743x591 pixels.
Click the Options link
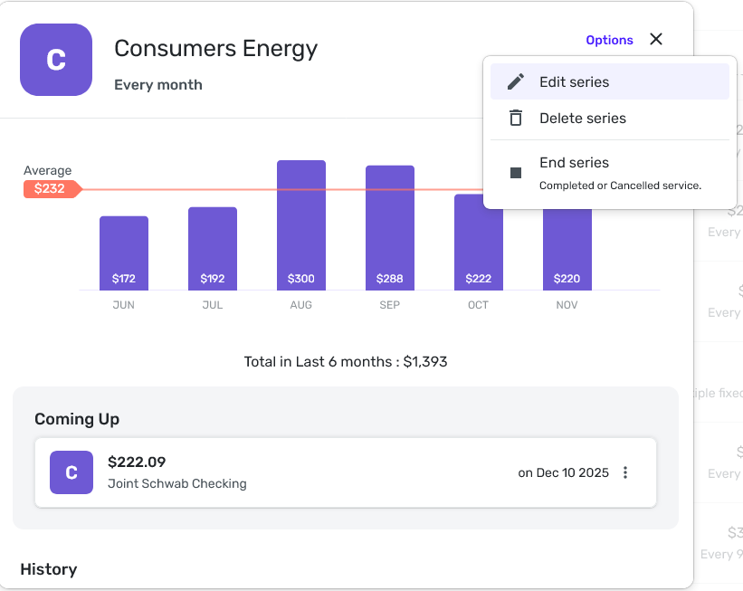[609, 40]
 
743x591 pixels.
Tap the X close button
[656, 39]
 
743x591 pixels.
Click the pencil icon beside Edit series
[516, 81]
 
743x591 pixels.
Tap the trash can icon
[516, 118]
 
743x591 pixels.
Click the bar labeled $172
[124, 253]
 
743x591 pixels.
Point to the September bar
[390, 227]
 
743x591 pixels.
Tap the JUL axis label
[213, 305]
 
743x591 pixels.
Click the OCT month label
[479, 305]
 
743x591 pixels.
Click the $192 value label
[213, 279]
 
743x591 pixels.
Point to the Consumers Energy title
[215, 48]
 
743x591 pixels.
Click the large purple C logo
[56, 60]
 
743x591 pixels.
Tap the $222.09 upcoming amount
[137, 462]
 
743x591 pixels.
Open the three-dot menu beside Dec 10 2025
[625, 472]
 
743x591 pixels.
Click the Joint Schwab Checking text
[177, 483]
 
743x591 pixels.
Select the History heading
[48, 569]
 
